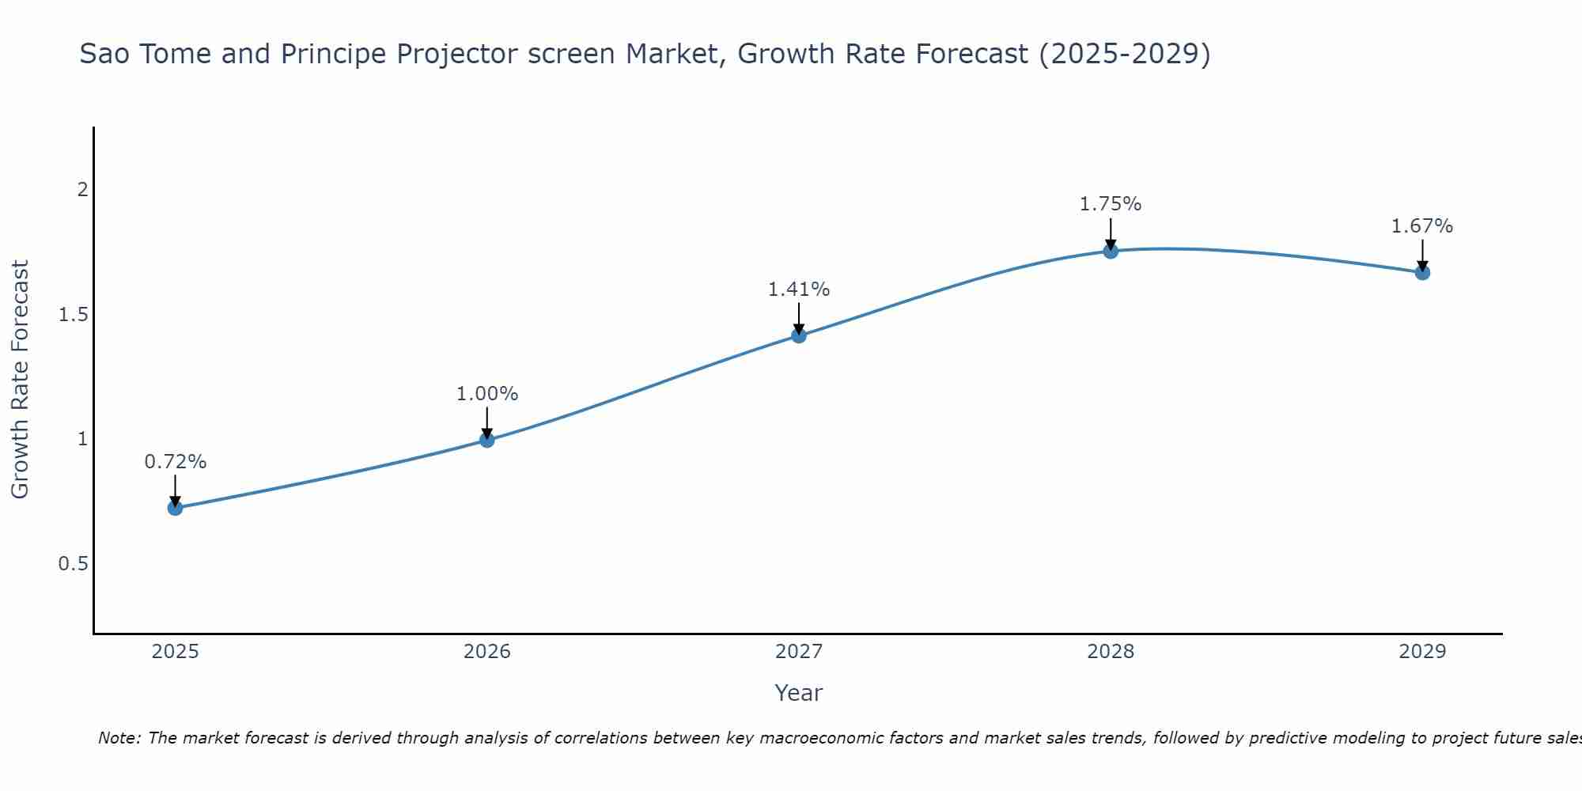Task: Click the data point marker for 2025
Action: click(175, 508)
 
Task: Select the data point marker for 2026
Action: click(487, 440)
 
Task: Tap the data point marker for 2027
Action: click(799, 335)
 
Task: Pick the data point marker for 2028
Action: click(1111, 252)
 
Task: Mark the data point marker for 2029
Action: click(1422, 273)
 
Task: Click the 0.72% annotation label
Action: click(175, 462)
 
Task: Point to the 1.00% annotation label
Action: click(487, 394)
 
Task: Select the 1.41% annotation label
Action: click(799, 290)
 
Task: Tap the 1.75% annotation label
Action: click(1111, 204)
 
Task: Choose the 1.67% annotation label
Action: click(1422, 226)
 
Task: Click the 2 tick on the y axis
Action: click(81, 190)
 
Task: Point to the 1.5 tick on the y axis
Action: click(74, 315)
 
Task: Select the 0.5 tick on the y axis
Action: click(74, 564)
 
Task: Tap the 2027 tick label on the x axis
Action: click(799, 652)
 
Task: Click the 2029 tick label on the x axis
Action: click(1422, 652)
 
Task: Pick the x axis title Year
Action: click(799, 693)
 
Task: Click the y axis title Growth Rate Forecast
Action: click(20, 380)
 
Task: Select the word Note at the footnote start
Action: click(119, 738)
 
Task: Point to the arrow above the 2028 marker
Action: click(1111, 233)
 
